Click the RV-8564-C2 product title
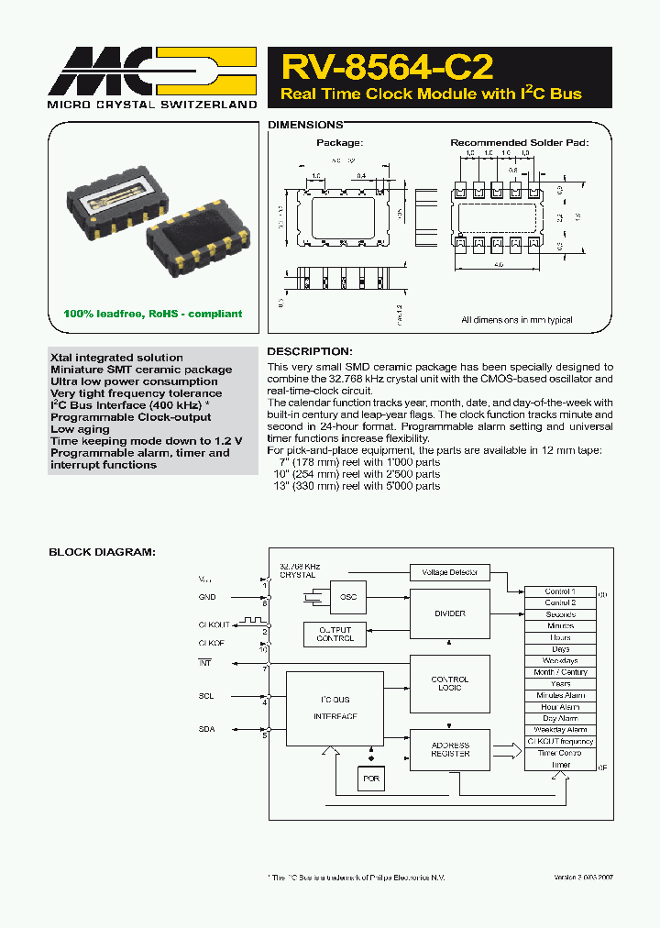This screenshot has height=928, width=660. pyautogui.click(x=387, y=68)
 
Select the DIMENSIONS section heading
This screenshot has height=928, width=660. pyautogui.click(x=305, y=125)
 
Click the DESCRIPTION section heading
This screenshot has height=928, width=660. pyautogui.click(x=309, y=351)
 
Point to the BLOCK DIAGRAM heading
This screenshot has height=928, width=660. pyautogui.click(x=102, y=552)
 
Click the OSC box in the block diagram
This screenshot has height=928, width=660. pyautogui.click(x=348, y=596)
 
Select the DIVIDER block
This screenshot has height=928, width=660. pyautogui.click(x=449, y=613)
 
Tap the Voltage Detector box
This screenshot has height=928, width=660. pyautogui.click(x=449, y=572)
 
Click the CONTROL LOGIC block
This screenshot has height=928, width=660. pyautogui.click(x=449, y=683)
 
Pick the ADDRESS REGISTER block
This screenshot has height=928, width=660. pyautogui.click(x=449, y=750)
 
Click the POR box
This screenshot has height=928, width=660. pyautogui.click(x=371, y=779)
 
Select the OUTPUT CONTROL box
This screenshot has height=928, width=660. pyautogui.click(x=335, y=634)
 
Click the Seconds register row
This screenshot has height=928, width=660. pyautogui.click(x=560, y=614)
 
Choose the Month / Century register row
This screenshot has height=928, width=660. pyautogui.click(x=560, y=672)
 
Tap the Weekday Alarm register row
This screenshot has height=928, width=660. pyautogui.click(x=560, y=730)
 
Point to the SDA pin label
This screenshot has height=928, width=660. pyautogui.click(x=206, y=730)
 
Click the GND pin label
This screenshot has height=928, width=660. pyautogui.click(x=207, y=597)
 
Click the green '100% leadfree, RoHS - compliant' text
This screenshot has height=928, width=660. pyautogui.click(x=153, y=314)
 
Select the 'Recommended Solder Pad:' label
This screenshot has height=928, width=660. pyautogui.click(x=519, y=143)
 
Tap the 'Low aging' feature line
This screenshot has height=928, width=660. pyautogui.click(x=80, y=429)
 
